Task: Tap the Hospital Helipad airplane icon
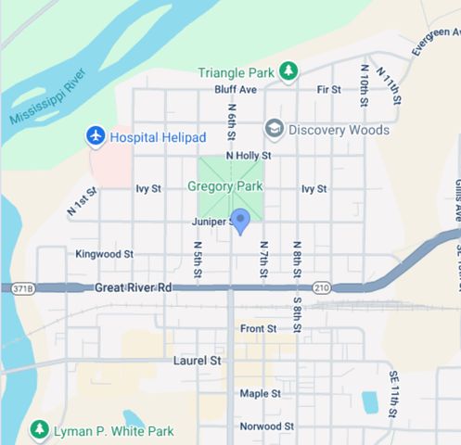point(95,136)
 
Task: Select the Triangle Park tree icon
point(288,70)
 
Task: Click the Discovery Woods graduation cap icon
point(274,128)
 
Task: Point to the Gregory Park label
point(225,186)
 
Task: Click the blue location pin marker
point(240,221)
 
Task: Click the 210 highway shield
point(321,288)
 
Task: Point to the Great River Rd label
point(134,288)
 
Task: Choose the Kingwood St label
point(105,253)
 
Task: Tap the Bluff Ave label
point(235,90)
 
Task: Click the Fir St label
point(328,90)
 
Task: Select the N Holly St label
point(248,156)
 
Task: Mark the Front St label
point(258,328)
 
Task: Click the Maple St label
point(260,393)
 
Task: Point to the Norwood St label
point(266,426)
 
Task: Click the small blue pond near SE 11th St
point(369,401)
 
